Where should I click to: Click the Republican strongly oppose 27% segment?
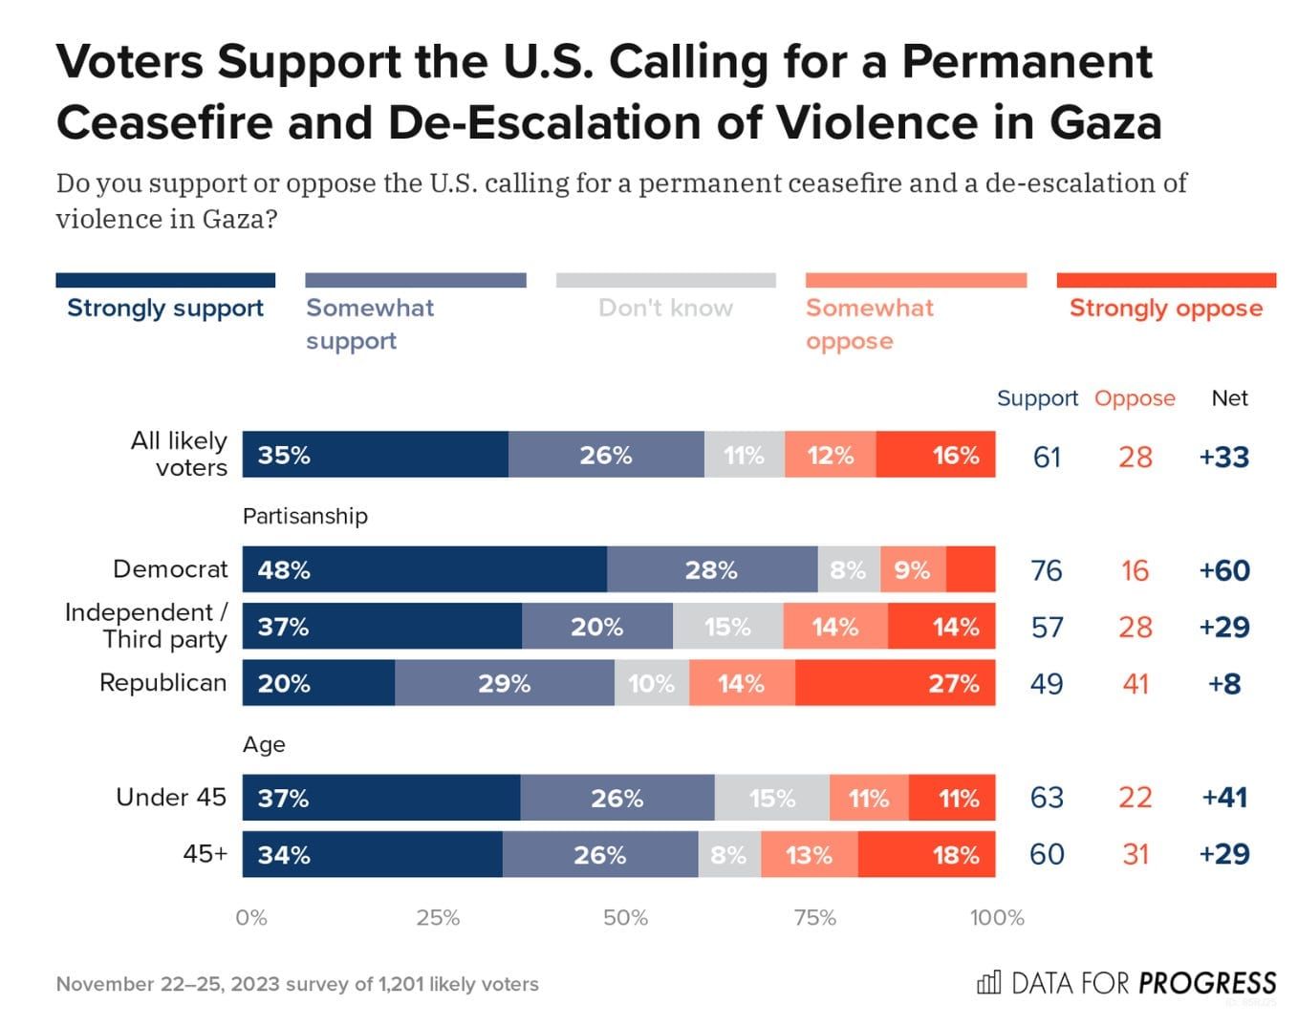coord(895,683)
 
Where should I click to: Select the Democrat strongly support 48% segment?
coord(424,569)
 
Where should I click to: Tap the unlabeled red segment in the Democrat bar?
coord(970,569)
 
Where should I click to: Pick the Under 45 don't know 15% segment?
coord(771,798)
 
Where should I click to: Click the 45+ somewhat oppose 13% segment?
coord(809,854)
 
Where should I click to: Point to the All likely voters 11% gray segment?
coord(744,455)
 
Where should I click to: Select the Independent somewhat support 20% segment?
coord(596,627)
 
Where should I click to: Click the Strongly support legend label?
coord(165,308)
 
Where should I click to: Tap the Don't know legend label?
coord(665,308)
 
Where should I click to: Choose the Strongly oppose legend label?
coord(1165,308)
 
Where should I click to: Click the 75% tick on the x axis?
coord(814,918)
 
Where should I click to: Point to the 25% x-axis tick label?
coord(438,918)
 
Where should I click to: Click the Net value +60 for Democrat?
coord(1224,570)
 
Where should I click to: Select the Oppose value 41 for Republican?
coord(1135,684)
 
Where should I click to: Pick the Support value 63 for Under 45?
coord(1047,798)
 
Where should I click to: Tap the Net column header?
coord(1229,398)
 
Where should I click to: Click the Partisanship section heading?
coord(305,516)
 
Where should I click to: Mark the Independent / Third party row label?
coord(146,626)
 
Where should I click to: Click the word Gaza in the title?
coord(1105,122)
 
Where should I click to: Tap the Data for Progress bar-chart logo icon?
coord(988,982)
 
